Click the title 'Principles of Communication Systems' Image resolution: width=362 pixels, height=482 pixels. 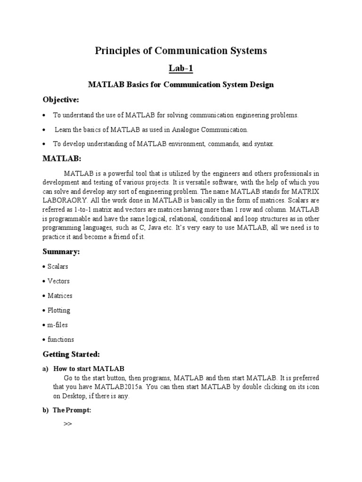[181, 51]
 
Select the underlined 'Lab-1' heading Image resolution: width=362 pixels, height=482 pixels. [181, 69]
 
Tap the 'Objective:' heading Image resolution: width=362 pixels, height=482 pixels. [61, 100]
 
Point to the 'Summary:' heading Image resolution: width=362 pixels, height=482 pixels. [61, 252]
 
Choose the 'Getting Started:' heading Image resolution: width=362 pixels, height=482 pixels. [72, 353]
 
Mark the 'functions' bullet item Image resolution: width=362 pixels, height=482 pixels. [60, 339]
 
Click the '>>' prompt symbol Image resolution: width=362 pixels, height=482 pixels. [67, 424]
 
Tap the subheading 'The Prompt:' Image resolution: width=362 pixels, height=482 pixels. [72, 410]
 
